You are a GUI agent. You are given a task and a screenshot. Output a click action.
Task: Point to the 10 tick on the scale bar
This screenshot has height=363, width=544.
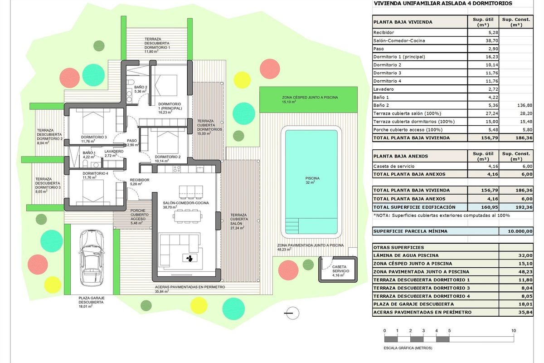(514, 331)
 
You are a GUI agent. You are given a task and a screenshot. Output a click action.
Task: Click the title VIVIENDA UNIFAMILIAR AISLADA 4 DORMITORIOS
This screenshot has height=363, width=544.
(442, 3)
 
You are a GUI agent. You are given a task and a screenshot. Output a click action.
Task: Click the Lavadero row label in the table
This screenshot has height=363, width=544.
(384, 89)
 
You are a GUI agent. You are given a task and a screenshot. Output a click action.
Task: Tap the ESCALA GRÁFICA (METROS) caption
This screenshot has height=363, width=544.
(408, 348)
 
